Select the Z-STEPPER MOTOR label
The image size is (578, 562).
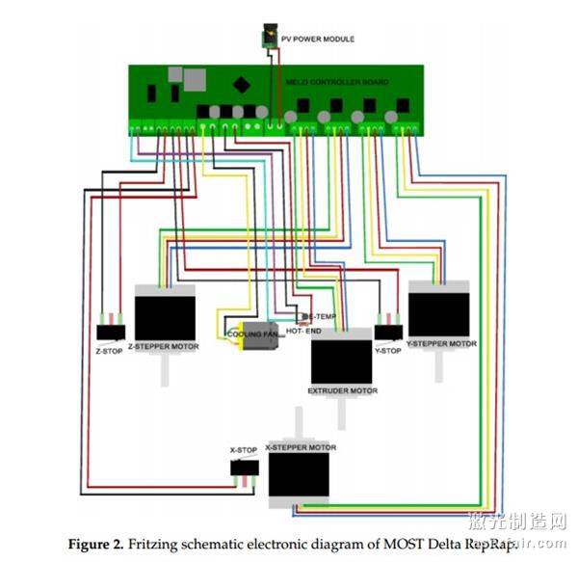coord(165,345)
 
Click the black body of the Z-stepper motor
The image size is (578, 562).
coord(165,316)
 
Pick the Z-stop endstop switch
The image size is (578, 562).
coord(111,332)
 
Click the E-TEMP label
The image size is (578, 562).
coord(322,316)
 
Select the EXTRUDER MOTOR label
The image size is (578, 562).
coord(342,391)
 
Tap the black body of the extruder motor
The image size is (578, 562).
coord(341,361)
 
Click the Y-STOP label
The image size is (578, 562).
coord(386,351)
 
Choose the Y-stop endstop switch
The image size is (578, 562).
coord(388,332)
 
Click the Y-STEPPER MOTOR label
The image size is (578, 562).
coord(441,343)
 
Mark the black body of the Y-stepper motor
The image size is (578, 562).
coord(438,314)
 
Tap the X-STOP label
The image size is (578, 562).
coord(243,450)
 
